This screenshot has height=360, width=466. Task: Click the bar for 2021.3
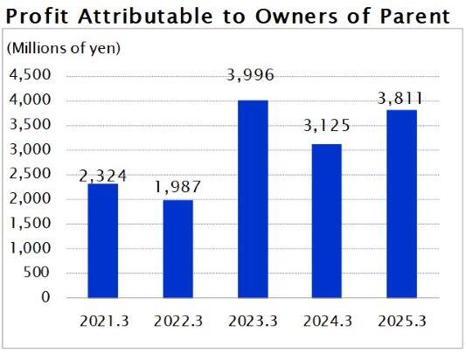pyautogui.click(x=103, y=240)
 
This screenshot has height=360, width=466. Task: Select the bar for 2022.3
pyautogui.click(x=178, y=248)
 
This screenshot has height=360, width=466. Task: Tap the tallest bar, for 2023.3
pyautogui.click(x=253, y=198)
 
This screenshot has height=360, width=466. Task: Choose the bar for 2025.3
pyautogui.click(x=402, y=204)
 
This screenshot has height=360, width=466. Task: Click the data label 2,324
pyautogui.click(x=103, y=176)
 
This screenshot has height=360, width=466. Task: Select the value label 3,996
pyautogui.click(x=253, y=75)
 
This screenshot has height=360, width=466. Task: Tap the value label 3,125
pyautogui.click(x=328, y=127)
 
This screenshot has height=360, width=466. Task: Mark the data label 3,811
pyautogui.click(x=402, y=99)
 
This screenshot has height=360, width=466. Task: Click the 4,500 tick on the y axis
pyautogui.click(x=29, y=75)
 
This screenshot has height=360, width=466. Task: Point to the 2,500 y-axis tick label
pyautogui.click(x=29, y=174)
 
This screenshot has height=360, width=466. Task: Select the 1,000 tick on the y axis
pyautogui.click(x=29, y=248)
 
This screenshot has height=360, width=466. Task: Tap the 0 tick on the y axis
pyautogui.click(x=46, y=297)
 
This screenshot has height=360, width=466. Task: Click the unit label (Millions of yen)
pyautogui.click(x=64, y=48)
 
